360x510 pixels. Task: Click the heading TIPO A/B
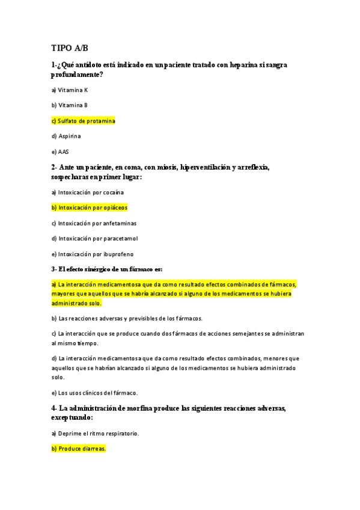click(x=70, y=48)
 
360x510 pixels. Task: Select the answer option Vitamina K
click(x=70, y=90)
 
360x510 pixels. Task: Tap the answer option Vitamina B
click(x=70, y=105)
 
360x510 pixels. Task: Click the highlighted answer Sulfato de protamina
click(x=83, y=121)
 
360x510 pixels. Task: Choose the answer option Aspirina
click(x=67, y=137)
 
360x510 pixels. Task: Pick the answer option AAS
click(x=60, y=152)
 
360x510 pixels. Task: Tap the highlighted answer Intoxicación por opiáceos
click(x=90, y=207)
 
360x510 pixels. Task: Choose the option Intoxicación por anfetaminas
click(x=93, y=223)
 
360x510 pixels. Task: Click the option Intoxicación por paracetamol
click(x=94, y=239)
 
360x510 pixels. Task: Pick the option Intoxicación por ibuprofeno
click(x=93, y=254)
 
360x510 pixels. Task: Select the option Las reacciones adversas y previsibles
click(x=127, y=318)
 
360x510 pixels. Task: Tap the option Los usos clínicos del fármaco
click(x=94, y=393)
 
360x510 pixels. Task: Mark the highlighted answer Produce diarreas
click(x=78, y=449)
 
